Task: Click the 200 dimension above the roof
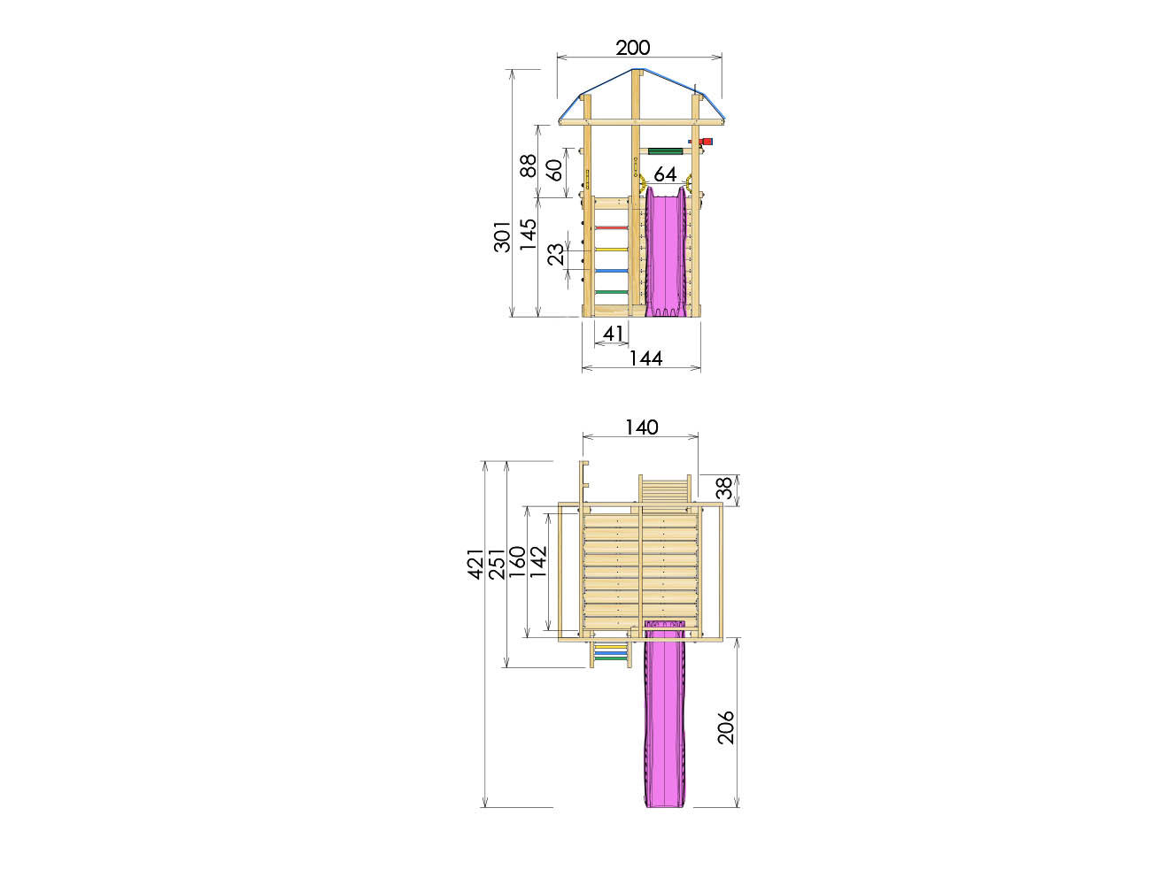coord(632,48)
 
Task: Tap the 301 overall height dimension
coord(502,236)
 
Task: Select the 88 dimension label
coord(528,165)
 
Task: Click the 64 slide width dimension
coord(665,174)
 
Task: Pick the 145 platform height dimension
coord(528,234)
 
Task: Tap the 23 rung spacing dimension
coord(556,254)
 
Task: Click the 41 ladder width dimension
coord(613,334)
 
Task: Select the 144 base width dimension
coord(645,358)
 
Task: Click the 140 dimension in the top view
coord(641,427)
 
